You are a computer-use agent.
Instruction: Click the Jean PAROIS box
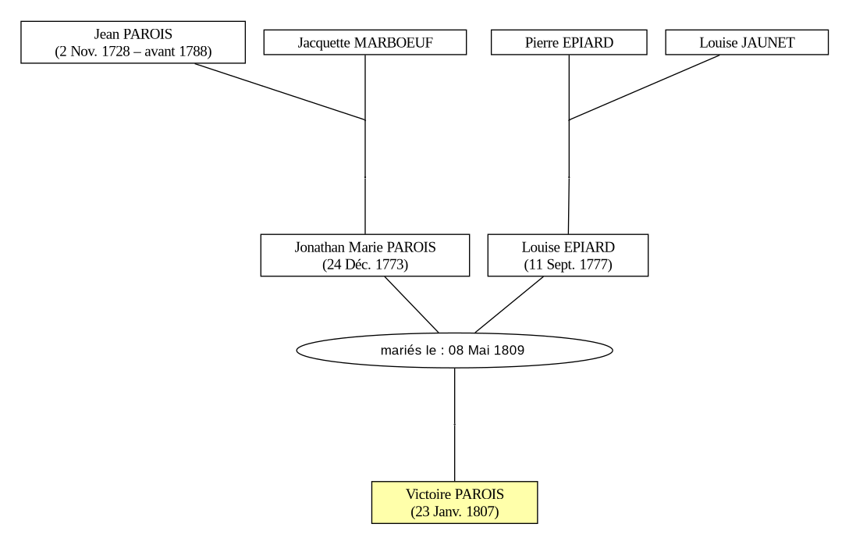click(x=133, y=42)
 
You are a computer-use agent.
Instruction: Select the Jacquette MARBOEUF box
click(x=365, y=42)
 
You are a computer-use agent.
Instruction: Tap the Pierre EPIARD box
click(x=569, y=42)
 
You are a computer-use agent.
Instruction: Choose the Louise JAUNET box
click(x=747, y=42)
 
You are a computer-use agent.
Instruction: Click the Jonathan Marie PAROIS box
click(x=365, y=255)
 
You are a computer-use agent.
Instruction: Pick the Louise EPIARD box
click(x=568, y=255)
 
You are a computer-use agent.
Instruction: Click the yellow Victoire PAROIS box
click(x=454, y=502)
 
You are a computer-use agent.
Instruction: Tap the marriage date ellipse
click(x=454, y=351)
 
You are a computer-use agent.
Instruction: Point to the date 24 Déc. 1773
click(x=365, y=265)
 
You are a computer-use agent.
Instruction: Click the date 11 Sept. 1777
click(x=568, y=265)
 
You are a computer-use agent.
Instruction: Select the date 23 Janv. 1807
click(x=455, y=511)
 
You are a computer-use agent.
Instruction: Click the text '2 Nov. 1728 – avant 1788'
click(x=133, y=52)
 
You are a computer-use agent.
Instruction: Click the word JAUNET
click(x=767, y=43)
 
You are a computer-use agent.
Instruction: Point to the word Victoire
click(x=425, y=494)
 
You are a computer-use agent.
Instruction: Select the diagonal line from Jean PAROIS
click(x=280, y=91)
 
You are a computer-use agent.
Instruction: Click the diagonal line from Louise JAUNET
click(x=645, y=87)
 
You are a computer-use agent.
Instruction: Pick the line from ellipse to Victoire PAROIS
click(x=454, y=425)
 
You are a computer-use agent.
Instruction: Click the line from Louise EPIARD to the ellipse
click(x=509, y=305)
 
